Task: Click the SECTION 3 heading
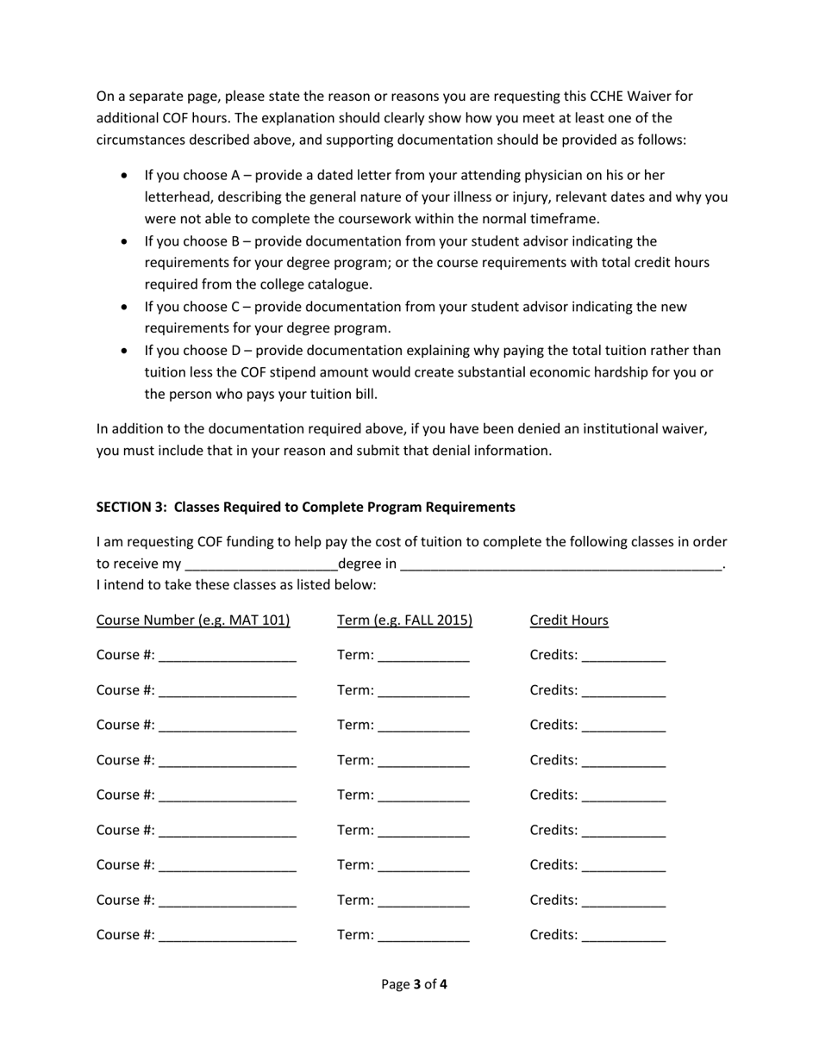click(x=305, y=507)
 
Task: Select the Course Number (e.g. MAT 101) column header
click(x=193, y=620)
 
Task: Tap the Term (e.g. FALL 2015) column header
click(x=405, y=620)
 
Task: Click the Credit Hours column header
click(x=569, y=620)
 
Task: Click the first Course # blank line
click(x=228, y=657)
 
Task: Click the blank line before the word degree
click(x=261, y=566)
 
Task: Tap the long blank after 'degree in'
click(x=561, y=566)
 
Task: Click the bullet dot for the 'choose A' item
click(x=126, y=176)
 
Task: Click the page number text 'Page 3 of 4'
click(x=414, y=984)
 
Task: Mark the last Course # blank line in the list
click(x=228, y=937)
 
